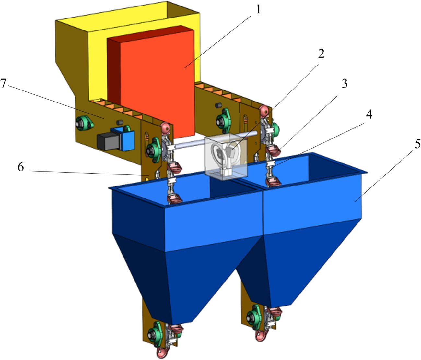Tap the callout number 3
(x=344, y=84)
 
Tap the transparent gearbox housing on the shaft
(x=225, y=156)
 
